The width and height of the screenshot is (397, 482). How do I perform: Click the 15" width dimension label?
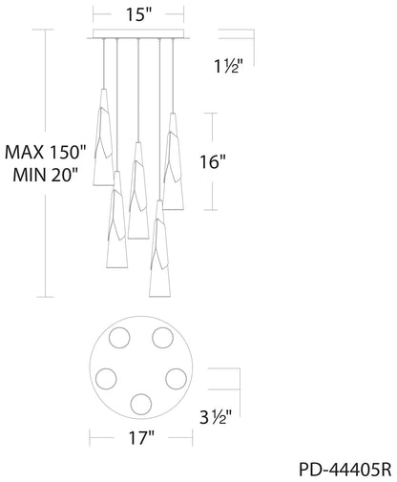click(x=139, y=14)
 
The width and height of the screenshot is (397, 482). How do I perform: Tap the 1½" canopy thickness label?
click(x=228, y=67)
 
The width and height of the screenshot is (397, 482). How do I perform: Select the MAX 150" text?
click(x=46, y=153)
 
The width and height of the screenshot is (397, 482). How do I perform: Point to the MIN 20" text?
click(x=46, y=175)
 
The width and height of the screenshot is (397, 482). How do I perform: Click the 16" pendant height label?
click(x=213, y=162)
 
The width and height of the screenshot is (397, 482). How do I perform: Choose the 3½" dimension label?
click(x=215, y=417)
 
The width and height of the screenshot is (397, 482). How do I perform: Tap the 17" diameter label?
click(x=141, y=438)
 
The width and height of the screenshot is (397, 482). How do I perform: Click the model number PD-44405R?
click(x=345, y=470)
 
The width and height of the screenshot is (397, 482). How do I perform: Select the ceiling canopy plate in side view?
click(x=138, y=34)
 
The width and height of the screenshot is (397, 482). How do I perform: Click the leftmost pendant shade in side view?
click(x=103, y=137)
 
